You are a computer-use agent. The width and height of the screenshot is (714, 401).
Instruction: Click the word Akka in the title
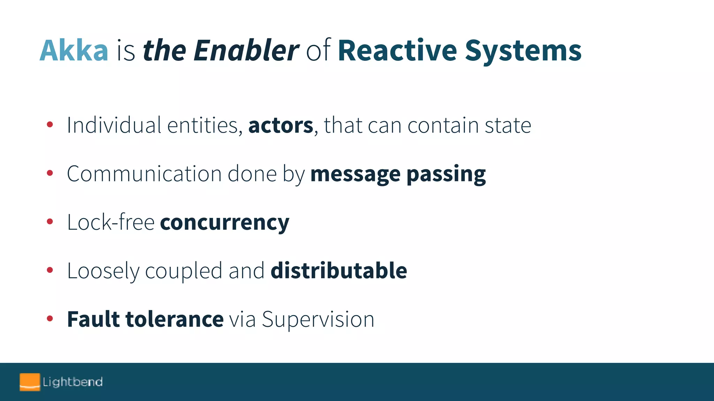point(74,51)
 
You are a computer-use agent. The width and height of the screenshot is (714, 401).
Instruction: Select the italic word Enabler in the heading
point(246,51)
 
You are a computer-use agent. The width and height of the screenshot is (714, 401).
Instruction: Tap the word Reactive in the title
point(397,51)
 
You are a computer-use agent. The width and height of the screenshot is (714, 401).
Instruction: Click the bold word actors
point(281,125)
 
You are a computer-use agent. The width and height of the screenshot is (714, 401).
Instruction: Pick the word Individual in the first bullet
point(114,125)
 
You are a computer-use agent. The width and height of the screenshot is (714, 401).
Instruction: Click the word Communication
point(144,174)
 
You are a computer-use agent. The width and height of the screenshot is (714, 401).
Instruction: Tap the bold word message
point(355,174)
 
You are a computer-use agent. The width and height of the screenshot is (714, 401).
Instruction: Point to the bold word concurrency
point(225,223)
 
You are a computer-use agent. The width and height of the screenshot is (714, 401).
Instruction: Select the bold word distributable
point(339,271)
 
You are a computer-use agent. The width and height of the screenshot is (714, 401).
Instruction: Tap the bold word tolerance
point(174,319)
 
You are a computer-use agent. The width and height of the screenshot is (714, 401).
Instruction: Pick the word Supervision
point(318,320)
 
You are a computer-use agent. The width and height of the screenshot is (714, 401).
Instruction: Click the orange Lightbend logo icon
point(30,382)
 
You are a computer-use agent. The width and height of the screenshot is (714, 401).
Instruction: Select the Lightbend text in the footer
point(73,382)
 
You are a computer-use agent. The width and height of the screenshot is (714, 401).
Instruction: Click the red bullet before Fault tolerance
point(50,318)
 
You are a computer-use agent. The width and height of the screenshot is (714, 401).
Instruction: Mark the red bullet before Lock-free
point(50,221)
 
